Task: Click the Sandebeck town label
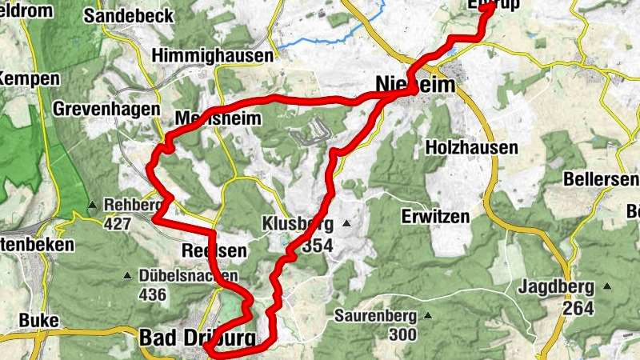pyautogui.click(x=127, y=15)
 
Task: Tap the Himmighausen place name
pyautogui.click(x=212, y=55)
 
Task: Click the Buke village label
pyautogui.click(x=38, y=321)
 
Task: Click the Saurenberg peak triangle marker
pyautogui.click(x=427, y=315)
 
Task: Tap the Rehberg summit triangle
pyautogui.click(x=93, y=204)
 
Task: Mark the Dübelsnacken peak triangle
pyautogui.click(x=126, y=276)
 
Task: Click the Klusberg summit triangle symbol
pyautogui.click(x=346, y=223)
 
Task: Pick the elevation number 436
pyautogui.click(x=152, y=295)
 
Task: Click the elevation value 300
pyautogui.click(x=398, y=334)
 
